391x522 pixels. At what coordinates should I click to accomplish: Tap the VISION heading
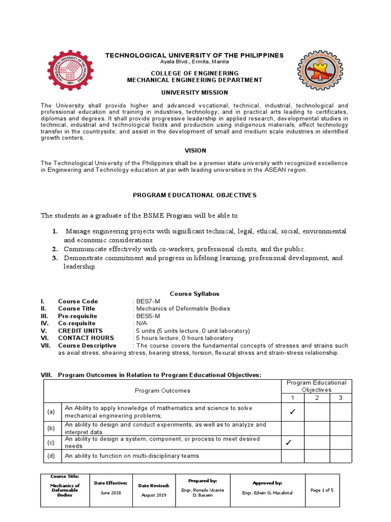(x=194, y=150)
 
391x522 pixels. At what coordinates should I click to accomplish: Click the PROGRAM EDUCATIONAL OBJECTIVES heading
(x=194, y=195)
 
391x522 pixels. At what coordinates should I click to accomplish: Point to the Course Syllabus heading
(x=194, y=294)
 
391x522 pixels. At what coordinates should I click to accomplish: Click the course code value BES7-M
(x=147, y=301)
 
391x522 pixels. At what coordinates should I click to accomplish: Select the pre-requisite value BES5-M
(x=147, y=316)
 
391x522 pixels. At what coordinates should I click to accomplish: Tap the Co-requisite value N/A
(x=140, y=323)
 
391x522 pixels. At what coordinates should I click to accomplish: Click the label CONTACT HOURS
(x=86, y=338)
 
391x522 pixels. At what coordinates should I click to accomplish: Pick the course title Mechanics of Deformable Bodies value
(x=182, y=308)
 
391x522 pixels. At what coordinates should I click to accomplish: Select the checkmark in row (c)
(x=289, y=442)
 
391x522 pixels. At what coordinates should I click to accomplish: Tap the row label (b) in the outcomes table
(x=51, y=428)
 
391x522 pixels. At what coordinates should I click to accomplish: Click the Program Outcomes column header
(x=162, y=390)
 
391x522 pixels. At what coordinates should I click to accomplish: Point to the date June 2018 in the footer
(x=111, y=493)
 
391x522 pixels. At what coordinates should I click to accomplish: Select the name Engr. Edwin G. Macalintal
(x=267, y=493)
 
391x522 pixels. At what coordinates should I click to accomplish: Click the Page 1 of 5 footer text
(x=322, y=490)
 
